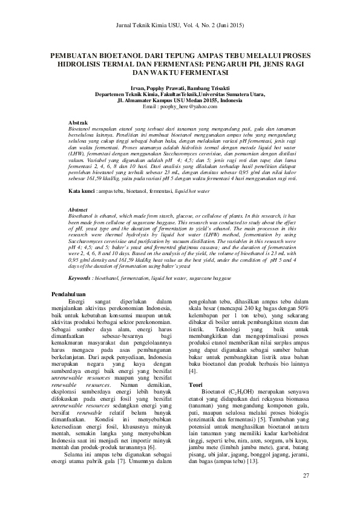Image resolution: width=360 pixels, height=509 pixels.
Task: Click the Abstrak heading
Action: pos(79,122)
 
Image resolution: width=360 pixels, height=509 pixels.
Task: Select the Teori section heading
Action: pos(195,384)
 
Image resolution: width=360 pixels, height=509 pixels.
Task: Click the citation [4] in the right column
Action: pos(192,370)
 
